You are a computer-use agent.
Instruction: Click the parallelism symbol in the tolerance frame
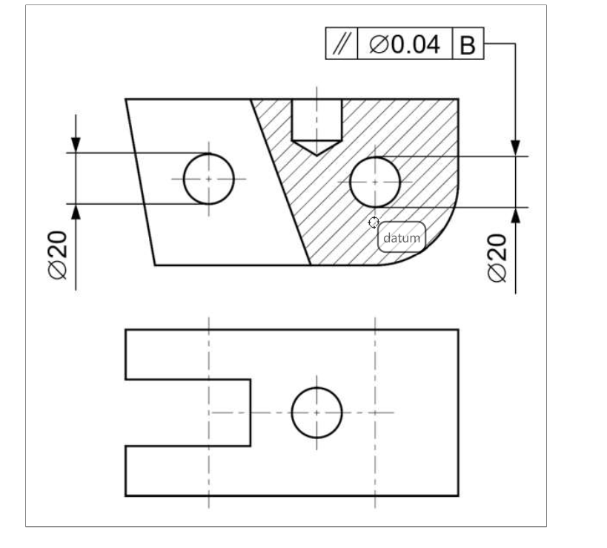tap(342, 44)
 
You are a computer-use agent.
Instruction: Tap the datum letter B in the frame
tap(468, 45)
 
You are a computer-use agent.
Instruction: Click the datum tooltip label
tap(402, 238)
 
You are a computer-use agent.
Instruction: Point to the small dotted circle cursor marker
tap(374, 222)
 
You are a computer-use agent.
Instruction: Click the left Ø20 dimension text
tap(59, 254)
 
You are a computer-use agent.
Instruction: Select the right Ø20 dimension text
tap(499, 257)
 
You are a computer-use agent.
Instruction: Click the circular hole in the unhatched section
tap(208, 179)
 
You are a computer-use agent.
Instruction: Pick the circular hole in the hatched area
tap(375, 182)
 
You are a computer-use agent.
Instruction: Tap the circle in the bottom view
tap(316, 412)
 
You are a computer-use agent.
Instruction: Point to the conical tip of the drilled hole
tap(316, 148)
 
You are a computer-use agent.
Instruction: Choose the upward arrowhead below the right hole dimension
tap(515, 217)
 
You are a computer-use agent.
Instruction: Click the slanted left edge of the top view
tap(139, 181)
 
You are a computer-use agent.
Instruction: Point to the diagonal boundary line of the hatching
tap(281, 181)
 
